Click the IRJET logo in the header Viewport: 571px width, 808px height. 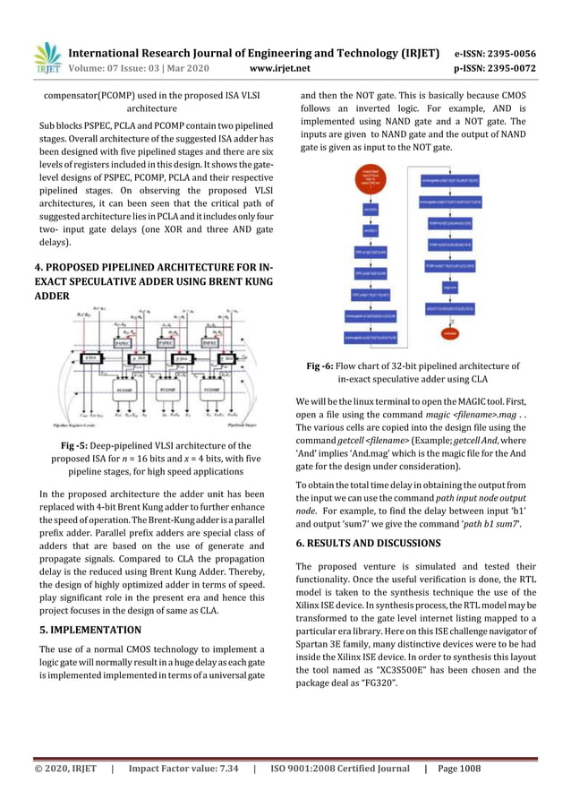pos(46,57)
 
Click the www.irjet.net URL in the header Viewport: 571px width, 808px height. pos(280,68)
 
